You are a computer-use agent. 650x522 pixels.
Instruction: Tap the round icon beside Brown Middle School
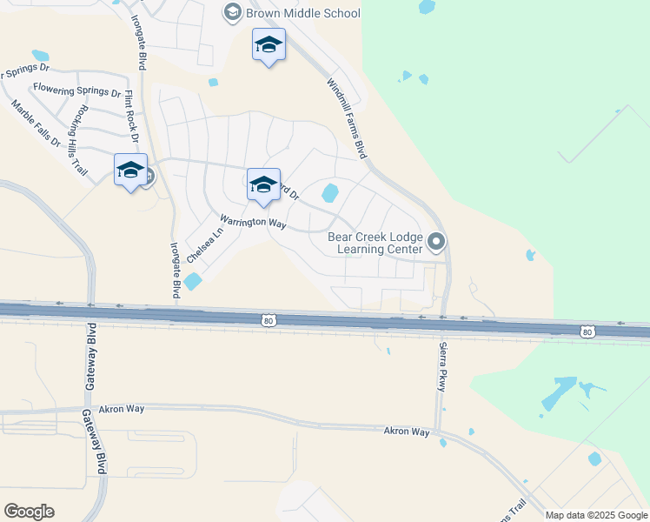point(232,12)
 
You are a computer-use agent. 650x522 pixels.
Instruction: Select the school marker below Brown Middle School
point(269,45)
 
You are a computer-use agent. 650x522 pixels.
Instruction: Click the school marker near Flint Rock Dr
point(130,171)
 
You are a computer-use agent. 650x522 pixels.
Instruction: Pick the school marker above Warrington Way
point(263,185)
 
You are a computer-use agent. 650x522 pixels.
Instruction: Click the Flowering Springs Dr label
point(77,90)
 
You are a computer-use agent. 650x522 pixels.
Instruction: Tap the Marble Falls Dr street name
point(36,124)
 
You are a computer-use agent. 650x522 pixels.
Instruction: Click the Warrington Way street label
point(253,223)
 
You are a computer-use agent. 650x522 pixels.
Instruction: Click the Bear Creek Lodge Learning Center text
point(375,243)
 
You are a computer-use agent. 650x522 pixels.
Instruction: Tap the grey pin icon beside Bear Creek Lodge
point(436,242)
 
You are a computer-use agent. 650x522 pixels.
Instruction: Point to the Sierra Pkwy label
point(442,366)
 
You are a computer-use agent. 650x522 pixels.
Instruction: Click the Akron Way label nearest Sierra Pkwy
point(408,432)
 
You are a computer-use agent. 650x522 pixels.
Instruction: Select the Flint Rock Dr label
point(131,116)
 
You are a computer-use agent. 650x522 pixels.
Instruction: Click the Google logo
point(30,511)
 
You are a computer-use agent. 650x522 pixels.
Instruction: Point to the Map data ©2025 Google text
point(595,515)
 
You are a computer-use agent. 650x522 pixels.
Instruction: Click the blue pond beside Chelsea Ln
point(193,282)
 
